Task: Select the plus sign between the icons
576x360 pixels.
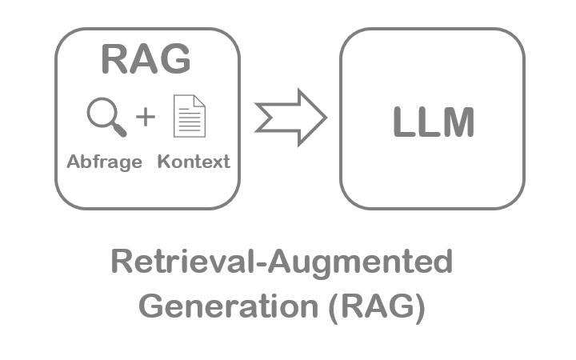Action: tap(145, 117)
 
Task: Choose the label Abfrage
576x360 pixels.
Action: tap(104, 162)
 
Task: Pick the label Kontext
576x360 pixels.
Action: tap(194, 162)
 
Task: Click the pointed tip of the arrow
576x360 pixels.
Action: tap(324, 118)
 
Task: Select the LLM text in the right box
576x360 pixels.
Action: tap(434, 123)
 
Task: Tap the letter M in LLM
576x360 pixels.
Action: tap(458, 123)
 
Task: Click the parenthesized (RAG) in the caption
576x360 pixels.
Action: tap(375, 307)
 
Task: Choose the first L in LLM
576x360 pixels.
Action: tap(404, 123)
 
